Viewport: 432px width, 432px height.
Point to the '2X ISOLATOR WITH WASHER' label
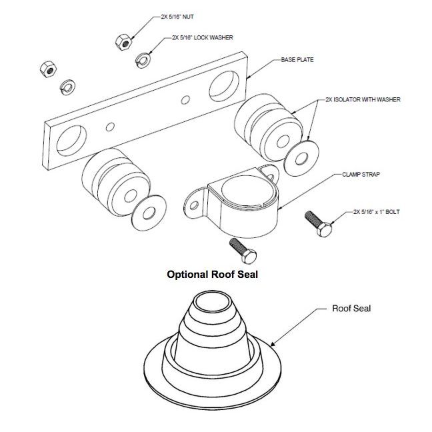363,99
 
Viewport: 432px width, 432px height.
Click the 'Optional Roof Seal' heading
212,274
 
